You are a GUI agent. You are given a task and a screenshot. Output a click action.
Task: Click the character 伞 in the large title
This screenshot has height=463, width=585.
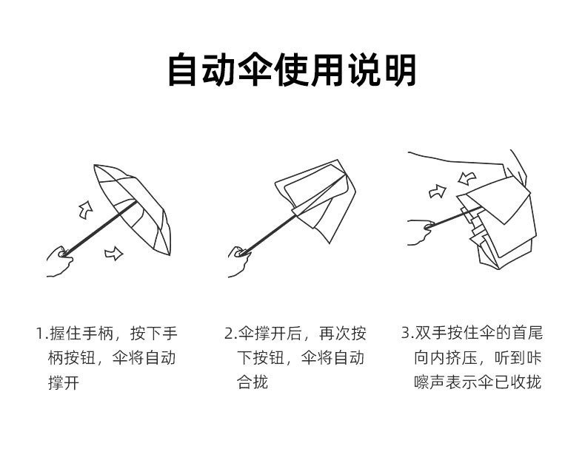[x=256, y=70]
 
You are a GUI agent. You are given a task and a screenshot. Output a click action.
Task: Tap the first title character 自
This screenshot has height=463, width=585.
[x=185, y=70]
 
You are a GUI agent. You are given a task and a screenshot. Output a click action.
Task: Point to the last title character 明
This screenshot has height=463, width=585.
[x=398, y=70]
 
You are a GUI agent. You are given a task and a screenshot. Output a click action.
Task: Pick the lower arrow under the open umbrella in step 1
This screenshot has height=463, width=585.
[x=113, y=254]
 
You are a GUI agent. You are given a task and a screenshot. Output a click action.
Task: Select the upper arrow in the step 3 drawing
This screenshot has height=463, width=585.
[x=467, y=178]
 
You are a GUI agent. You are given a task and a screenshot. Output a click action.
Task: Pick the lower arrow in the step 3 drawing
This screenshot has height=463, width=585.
[x=438, y=192]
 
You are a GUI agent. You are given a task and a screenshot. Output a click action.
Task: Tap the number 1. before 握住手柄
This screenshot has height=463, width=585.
[x=41, y=334]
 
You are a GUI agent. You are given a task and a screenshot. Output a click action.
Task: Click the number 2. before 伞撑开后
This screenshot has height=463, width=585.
[x=230, y=334]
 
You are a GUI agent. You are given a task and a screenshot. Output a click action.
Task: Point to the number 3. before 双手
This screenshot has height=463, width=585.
[x=407, y=334]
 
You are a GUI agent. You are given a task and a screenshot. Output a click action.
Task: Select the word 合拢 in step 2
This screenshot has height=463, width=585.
[x=252, y=382]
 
